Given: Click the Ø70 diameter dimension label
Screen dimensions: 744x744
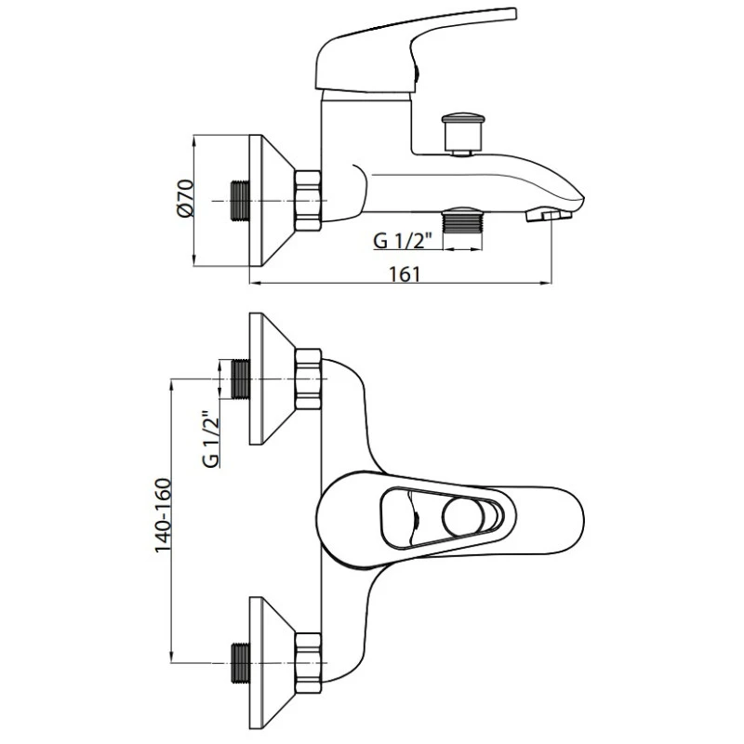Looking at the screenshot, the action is pyautogui.click(x=185, y=198).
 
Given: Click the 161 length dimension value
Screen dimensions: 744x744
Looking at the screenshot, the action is pyautogui.click(x=405, y=274).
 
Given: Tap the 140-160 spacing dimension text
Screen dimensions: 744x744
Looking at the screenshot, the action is pyautogui.click(x=164, y=515).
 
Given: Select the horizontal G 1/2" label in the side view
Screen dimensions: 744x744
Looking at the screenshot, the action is pyautogui.click(x=403, y=241).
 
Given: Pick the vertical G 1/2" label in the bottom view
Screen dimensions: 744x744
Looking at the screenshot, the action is pyautogui.click(x=211, y=439).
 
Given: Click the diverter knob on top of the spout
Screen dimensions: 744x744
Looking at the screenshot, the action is pyautogui.click(x=463, y=133).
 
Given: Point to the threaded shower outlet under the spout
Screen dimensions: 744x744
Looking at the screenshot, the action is pyautogui.click(x=462, y=219).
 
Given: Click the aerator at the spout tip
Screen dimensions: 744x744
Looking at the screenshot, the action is pyautogui.click(x=549, y=215).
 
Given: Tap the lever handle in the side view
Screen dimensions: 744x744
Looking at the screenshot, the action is pyautogui.click(x=413, y=52).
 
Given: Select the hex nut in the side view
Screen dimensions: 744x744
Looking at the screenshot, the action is pyautogui.click(x=308, y=201).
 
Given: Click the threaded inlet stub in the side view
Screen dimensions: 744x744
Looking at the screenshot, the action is pyautogui.click(x=240, y=201).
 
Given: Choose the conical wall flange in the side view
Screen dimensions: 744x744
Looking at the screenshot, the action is pyautogui.click(x=272, y=201).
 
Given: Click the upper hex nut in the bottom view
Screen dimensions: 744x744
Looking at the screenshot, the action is pyautogui.click(x=308, y=379).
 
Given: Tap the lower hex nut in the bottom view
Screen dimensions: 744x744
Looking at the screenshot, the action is pyautogui.click(x=308, y=663).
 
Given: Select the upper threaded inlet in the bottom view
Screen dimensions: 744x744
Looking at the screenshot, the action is pyautogui.click(x=240, y=379).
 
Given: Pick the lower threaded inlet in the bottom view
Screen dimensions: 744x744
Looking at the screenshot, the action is pyautogui.click(x=240, y=663).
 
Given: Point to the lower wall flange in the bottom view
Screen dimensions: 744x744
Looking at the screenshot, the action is pyautogui.click(x=272, y=663).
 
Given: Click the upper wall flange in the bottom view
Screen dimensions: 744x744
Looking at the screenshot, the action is pyautogui.click(x=272, y=379).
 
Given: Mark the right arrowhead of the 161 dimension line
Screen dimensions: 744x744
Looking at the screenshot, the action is pyautogui.click(x=546, y=284).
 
